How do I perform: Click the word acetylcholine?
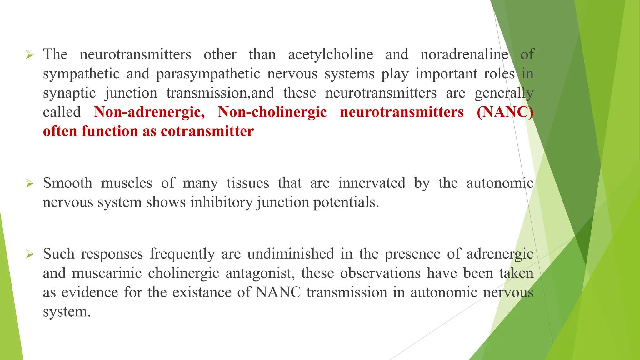[330, 55]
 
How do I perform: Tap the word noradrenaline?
[464, 55]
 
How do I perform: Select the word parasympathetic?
[208, 74]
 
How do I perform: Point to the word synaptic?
[69, 93]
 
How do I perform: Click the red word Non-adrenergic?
[149, 112]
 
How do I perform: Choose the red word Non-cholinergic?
[272, 112]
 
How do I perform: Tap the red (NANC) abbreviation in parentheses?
[505, 112]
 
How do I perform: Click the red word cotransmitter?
[207, 131]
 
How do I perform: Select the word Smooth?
[67, 183]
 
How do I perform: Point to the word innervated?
[372, 183]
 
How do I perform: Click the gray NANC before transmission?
[278, 292]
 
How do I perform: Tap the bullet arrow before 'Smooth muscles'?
[30, 183]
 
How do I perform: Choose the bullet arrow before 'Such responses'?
[30, 254]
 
